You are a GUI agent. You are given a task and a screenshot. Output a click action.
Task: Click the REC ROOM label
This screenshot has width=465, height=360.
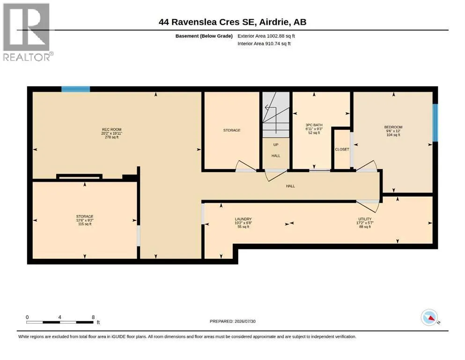[x=111, y=129]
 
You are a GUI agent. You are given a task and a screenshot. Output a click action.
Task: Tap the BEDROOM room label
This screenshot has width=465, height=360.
[x=393, y=127]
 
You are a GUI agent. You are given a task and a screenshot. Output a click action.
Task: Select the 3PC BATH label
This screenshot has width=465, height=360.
[x=314, y=125]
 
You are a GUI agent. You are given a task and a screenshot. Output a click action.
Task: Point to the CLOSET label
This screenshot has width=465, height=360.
[x=342, y=149]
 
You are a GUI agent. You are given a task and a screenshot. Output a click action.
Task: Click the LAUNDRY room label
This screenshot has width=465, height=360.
[x=243, y=219]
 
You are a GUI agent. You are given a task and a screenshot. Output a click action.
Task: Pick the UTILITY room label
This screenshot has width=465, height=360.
[x=365, y=219]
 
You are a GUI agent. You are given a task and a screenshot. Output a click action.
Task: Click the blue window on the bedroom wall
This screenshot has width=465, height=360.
[x=435, y=122]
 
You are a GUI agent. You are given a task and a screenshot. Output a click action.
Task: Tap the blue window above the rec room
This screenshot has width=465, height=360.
[x=75, y=89]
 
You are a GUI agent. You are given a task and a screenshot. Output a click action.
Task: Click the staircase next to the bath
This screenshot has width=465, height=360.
[x=276, y=114]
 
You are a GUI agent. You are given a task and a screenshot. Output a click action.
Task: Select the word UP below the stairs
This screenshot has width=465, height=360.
[x=276, y=145]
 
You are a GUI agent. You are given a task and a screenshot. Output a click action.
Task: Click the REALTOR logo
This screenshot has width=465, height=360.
[x=27, y=32]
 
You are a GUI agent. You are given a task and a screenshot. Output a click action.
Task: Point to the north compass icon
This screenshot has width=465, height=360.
[x=429, y=317]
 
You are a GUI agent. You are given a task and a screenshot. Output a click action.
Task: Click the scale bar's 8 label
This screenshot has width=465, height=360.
[x=93, y=317]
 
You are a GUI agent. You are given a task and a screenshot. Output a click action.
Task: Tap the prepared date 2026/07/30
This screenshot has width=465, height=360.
[x=245, y=321]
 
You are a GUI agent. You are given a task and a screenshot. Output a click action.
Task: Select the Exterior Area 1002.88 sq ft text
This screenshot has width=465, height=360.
[x=266, y=36]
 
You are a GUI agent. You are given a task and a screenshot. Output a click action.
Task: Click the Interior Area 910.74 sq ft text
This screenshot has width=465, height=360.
[x=264, y=43]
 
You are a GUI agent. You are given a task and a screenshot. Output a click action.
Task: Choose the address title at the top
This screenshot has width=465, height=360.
[x=232, y=22]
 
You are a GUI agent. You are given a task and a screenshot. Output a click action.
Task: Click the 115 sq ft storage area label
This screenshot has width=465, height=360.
[x=85, y=224]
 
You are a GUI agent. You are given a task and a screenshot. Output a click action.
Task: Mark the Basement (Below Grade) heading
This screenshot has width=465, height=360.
[x=204, y=36]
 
